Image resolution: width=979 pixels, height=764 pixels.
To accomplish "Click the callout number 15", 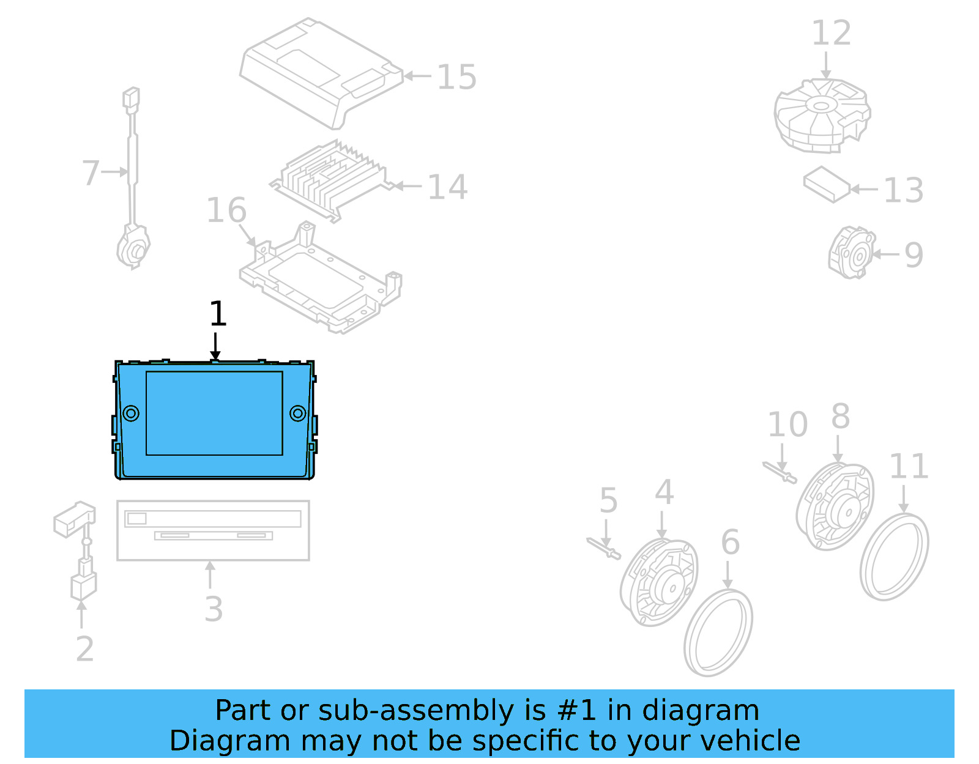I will (x=456, y=77).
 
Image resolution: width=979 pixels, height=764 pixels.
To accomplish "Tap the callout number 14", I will (x=447, y=187).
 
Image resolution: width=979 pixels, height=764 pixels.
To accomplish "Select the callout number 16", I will (x=226, y=210).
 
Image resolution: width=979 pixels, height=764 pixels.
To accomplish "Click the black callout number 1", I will (x=218, y=314).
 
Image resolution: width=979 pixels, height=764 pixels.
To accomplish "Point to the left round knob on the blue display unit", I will (x=131, y=414).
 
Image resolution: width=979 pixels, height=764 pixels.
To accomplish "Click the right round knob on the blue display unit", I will (x=298, y=414).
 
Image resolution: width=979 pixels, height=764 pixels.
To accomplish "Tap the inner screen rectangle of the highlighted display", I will (x=214, y=414).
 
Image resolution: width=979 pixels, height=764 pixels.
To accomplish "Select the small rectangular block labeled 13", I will (x=827, y=184).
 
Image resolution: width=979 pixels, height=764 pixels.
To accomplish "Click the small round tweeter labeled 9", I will (x=851, y=253).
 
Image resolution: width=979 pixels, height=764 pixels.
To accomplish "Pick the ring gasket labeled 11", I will (x=894, y=557).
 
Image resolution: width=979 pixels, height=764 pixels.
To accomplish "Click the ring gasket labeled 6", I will (x=718, y=633).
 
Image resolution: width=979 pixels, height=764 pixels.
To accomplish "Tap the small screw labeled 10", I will (x=780, y=472).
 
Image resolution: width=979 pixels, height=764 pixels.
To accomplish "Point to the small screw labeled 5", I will (x=603, y=547).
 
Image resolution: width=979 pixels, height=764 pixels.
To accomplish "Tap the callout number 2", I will (x=85, y=649).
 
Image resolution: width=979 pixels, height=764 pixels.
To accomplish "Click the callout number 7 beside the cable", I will (x=91, y=172).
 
